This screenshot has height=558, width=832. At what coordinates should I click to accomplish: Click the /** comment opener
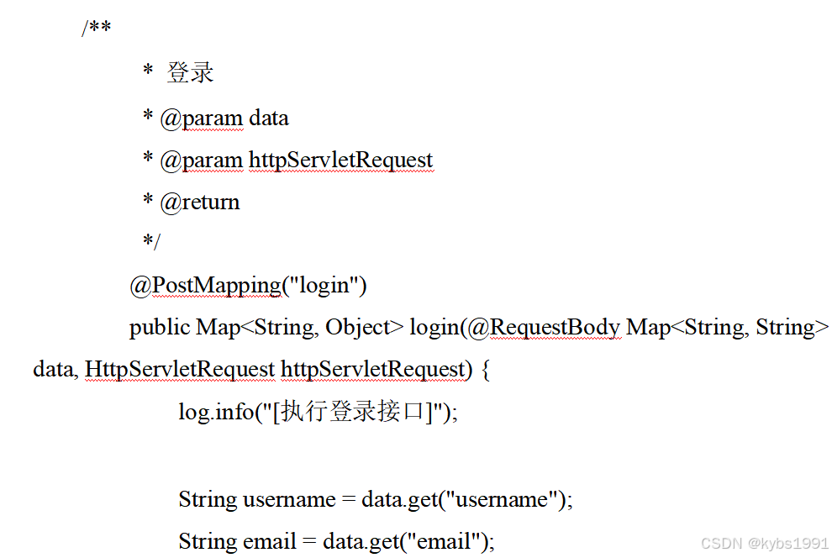coord(96,29)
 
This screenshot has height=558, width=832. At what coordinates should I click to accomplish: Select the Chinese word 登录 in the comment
coord(190,73)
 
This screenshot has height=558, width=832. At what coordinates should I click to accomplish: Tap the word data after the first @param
coord(269,118)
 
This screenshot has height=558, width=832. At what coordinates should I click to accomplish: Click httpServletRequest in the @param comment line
coord(340,160)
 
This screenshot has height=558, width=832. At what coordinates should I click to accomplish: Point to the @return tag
coord(200,202)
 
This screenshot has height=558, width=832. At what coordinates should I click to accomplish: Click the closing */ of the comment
coord(151,243)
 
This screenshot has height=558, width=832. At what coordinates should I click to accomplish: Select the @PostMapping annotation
coord(205,286)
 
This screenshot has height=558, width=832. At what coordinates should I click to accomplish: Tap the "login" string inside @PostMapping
coord(324,286)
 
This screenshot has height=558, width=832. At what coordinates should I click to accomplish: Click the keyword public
coord(160,327)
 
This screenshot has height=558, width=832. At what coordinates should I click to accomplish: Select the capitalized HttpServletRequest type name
coord(180,369)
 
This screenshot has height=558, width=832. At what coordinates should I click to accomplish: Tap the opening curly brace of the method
coord(485,369)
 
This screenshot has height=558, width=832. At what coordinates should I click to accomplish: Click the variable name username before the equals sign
coord(289,499)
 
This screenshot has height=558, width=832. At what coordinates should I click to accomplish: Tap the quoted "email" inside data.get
coord(445,541)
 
